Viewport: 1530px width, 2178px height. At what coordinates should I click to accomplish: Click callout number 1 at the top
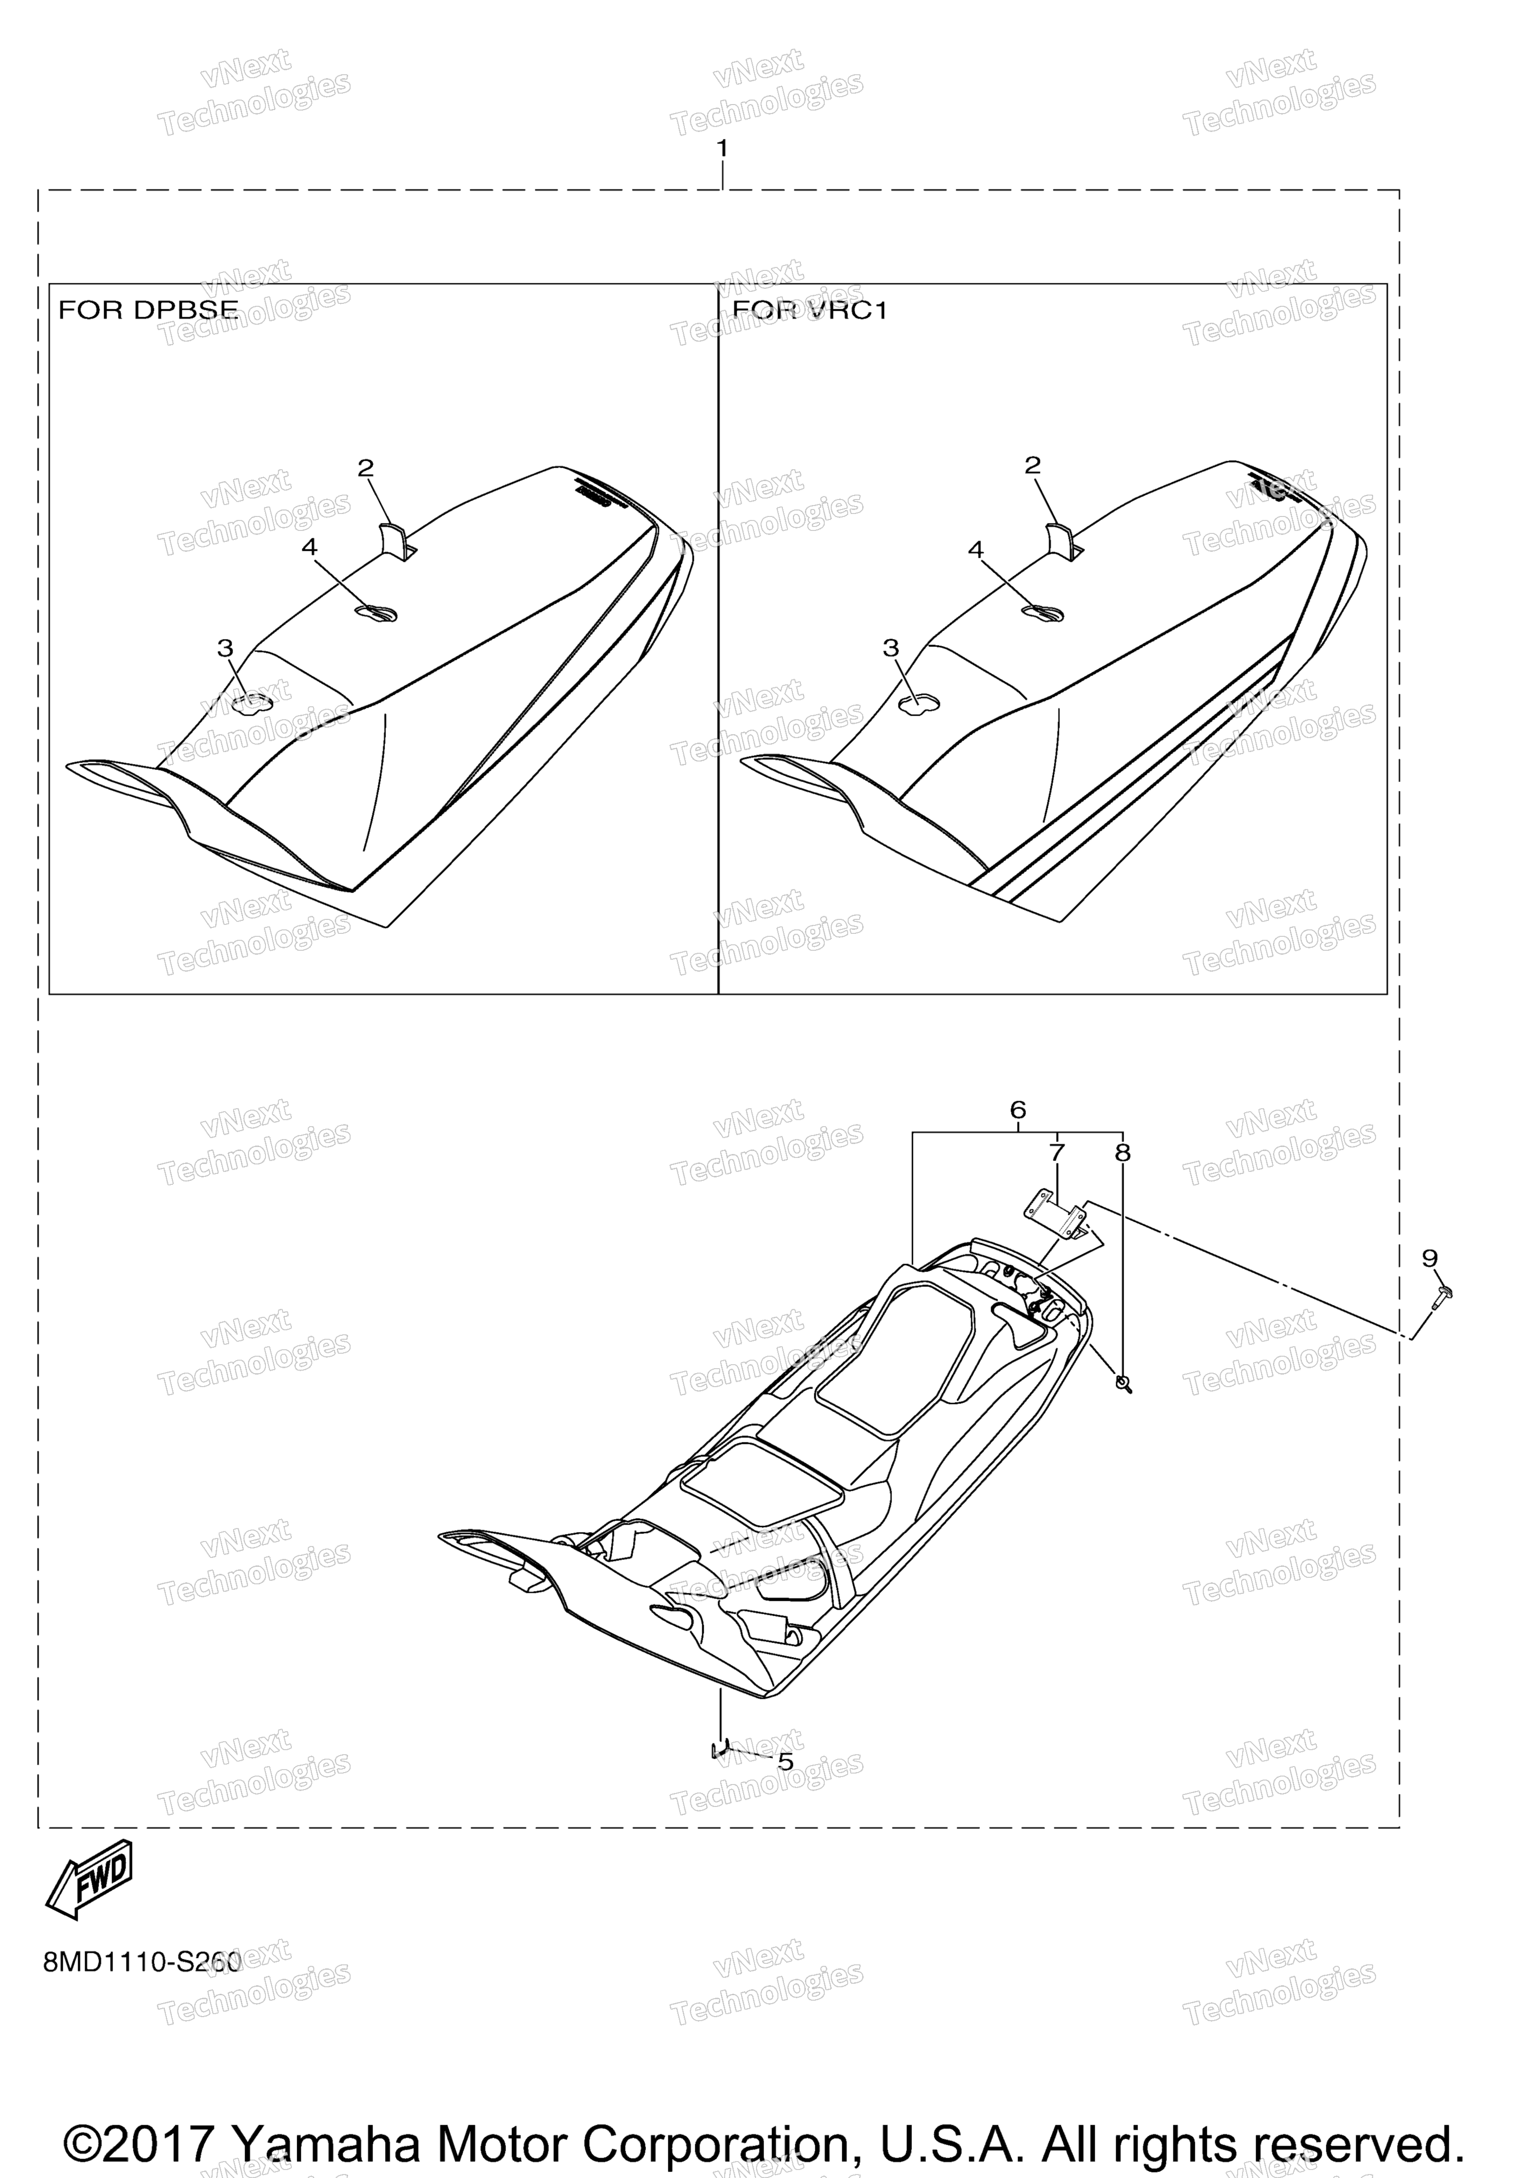723,149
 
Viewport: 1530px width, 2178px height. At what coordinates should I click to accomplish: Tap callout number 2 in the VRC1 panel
1033,465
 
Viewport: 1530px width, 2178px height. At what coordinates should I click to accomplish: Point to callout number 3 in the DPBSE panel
225,648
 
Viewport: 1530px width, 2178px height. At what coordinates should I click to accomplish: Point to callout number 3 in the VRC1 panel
891,648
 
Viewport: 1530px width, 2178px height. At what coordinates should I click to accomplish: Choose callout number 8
1123,1153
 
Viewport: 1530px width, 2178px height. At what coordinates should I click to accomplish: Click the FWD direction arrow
90,1879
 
